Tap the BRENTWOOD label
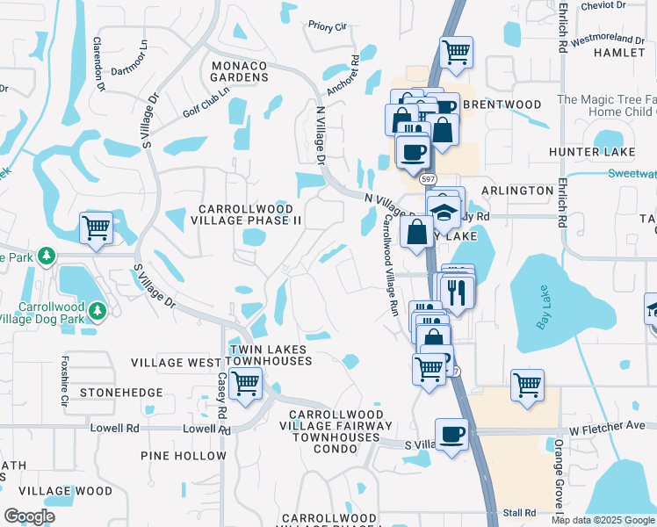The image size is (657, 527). (502, 105)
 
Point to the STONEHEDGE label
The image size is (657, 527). (121, 392)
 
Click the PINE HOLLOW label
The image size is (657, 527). (184, 456)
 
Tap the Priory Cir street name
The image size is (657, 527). (327, 27)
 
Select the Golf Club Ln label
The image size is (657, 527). (206, 102)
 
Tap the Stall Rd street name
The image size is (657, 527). (519, 512)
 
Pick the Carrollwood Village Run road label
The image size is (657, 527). (389, 266)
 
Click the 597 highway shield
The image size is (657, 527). (428, 178)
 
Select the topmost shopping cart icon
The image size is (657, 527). (456, 52)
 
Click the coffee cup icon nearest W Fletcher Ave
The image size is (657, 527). (451, 435)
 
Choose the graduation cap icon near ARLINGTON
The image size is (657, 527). (444, 211)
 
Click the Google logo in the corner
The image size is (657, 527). (29, 516)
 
